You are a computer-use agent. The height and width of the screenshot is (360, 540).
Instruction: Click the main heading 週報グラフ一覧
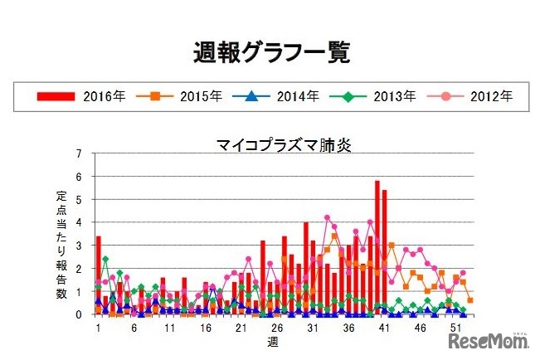point(270,51)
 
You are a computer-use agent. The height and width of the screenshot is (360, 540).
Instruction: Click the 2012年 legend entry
point(476,96)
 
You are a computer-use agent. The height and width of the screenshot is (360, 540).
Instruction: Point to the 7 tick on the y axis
point(79,153)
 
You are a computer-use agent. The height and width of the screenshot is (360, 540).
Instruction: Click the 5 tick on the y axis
point(79,200)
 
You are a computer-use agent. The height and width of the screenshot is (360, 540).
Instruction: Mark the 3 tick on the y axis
point(79,246)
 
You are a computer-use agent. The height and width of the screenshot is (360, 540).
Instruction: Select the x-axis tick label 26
point(277,328)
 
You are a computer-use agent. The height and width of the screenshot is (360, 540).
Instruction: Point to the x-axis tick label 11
point(169,328)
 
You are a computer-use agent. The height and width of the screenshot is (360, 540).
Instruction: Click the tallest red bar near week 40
point(377,249)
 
